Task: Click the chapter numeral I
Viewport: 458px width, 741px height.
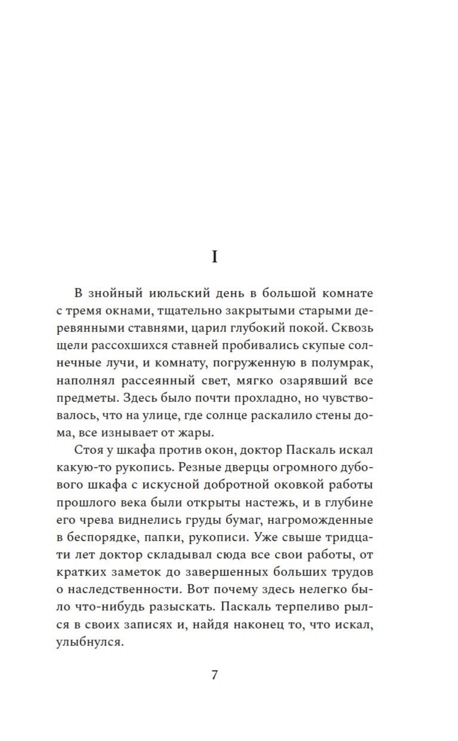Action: [x=214, y=257]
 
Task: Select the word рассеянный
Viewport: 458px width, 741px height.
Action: [x=158, y=380]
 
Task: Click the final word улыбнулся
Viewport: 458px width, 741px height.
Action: [x=90, y=642]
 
